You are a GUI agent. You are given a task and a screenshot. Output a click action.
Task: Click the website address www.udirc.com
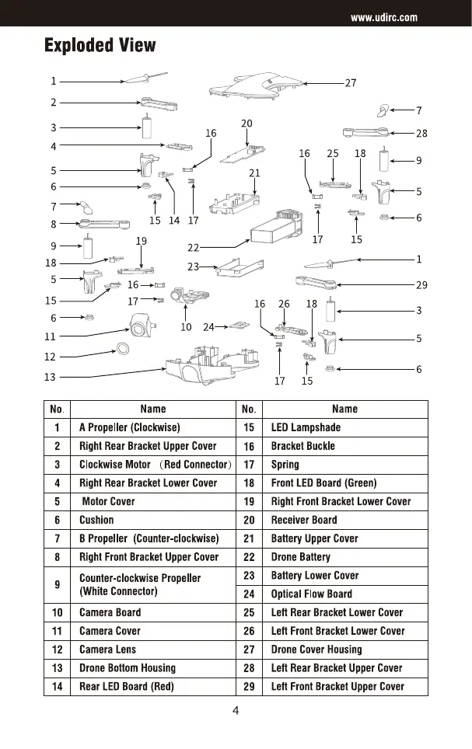(383, 18)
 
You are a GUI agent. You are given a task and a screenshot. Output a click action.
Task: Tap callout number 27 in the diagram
(350, 82)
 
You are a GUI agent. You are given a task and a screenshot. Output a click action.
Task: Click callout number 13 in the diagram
(51, 377)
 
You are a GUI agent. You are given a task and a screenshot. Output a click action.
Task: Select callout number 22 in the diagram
(194, 248)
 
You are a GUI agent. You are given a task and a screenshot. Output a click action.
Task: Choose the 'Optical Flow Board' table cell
(311, 594)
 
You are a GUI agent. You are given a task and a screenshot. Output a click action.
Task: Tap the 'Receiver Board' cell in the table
(304, 520)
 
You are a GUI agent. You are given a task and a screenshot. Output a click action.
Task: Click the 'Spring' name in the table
(285, 465)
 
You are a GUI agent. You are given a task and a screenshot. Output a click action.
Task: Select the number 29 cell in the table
(249, 686)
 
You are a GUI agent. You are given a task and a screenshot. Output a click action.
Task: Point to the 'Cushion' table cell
(96, 520)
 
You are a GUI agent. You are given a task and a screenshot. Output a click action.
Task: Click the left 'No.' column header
(57, 409)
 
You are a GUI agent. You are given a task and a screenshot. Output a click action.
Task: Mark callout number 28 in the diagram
(422, 134)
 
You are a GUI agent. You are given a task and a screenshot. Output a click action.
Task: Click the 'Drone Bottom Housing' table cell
(128, 667)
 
